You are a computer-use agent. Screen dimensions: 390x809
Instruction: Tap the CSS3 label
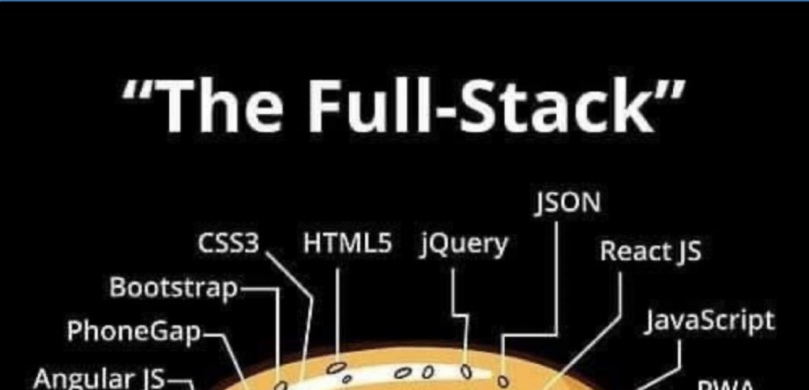tap(228, 244)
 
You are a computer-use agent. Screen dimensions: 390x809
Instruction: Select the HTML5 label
tap(348, 244)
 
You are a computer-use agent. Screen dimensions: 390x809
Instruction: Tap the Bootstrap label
tap(173, 287)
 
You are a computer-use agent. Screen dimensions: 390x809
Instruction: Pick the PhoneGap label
tap(134, 331)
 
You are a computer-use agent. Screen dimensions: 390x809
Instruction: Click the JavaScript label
tap(709, 321)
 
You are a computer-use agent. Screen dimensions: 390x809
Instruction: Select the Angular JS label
tap(99, 379)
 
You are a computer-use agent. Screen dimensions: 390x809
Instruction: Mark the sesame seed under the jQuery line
tap(466, 369)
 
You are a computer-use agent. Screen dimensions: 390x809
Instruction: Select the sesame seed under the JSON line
tap(502, 381)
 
